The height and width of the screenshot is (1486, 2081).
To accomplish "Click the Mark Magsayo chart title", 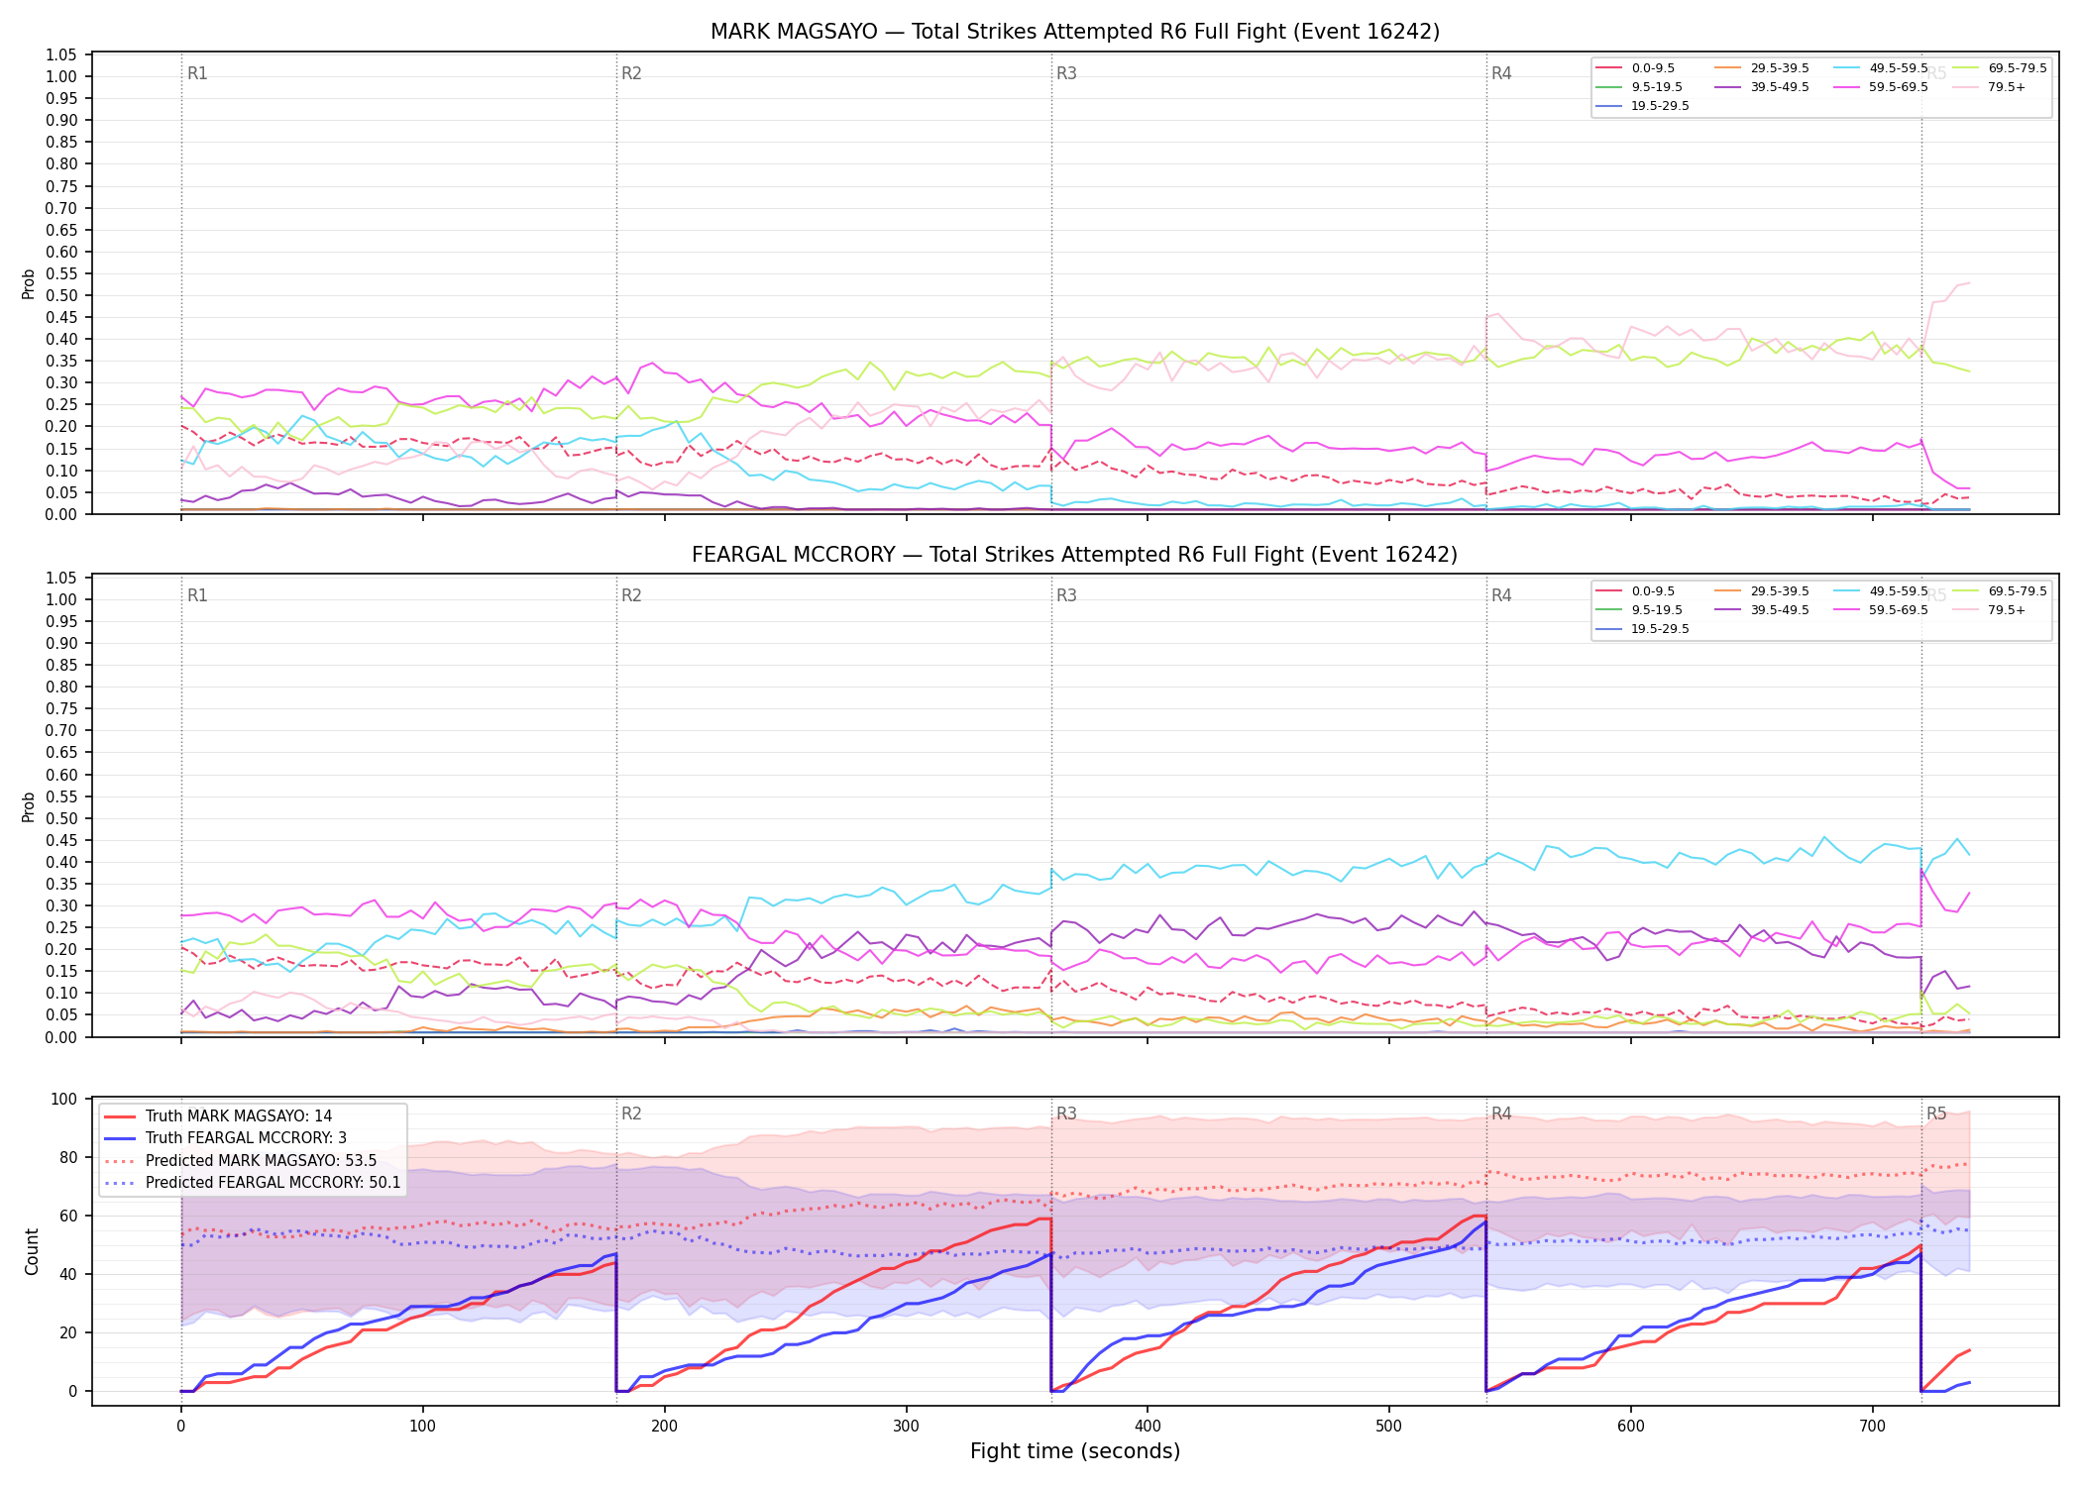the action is pyautogui.click(x=1074, y=32).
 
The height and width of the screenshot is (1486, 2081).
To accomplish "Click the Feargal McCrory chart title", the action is pyautogui.click(x=1074, y=555).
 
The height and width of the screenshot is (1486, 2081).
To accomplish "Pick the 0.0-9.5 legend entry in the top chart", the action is pyautogui.click(x=1634, y=68).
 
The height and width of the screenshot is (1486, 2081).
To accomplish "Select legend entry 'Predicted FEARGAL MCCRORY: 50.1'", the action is pyautogui.click(x=252, y=1183).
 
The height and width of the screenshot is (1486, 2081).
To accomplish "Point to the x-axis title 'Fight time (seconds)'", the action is pyautogui.click(x=1075, y=1451).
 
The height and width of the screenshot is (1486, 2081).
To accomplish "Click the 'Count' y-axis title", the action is pyautogui.click(x=32, y=1252).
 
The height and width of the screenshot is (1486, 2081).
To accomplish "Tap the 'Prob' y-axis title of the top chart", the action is pyautogui.click(x=29, y=284).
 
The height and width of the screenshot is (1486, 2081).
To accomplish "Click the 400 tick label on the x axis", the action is pyautogui.click(x=1148, y=1427).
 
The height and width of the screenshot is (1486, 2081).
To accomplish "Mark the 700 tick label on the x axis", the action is pyautogui.click(x=1873, y=1427).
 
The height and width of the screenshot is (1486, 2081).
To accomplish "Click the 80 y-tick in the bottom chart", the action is pyautogui.click(x=68, y=1157).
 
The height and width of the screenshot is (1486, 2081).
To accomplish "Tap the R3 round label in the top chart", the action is pyautogui.click(x=1066, y=73).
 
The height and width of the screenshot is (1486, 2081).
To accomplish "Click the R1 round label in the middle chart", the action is pyautogui.click(x=197, y=595).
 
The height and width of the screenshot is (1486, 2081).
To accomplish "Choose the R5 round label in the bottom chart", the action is pyautogui.click(x=1936, y=1114).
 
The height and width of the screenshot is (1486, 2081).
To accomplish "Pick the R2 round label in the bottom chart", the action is pyautogui.click(x=631, y=1114).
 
